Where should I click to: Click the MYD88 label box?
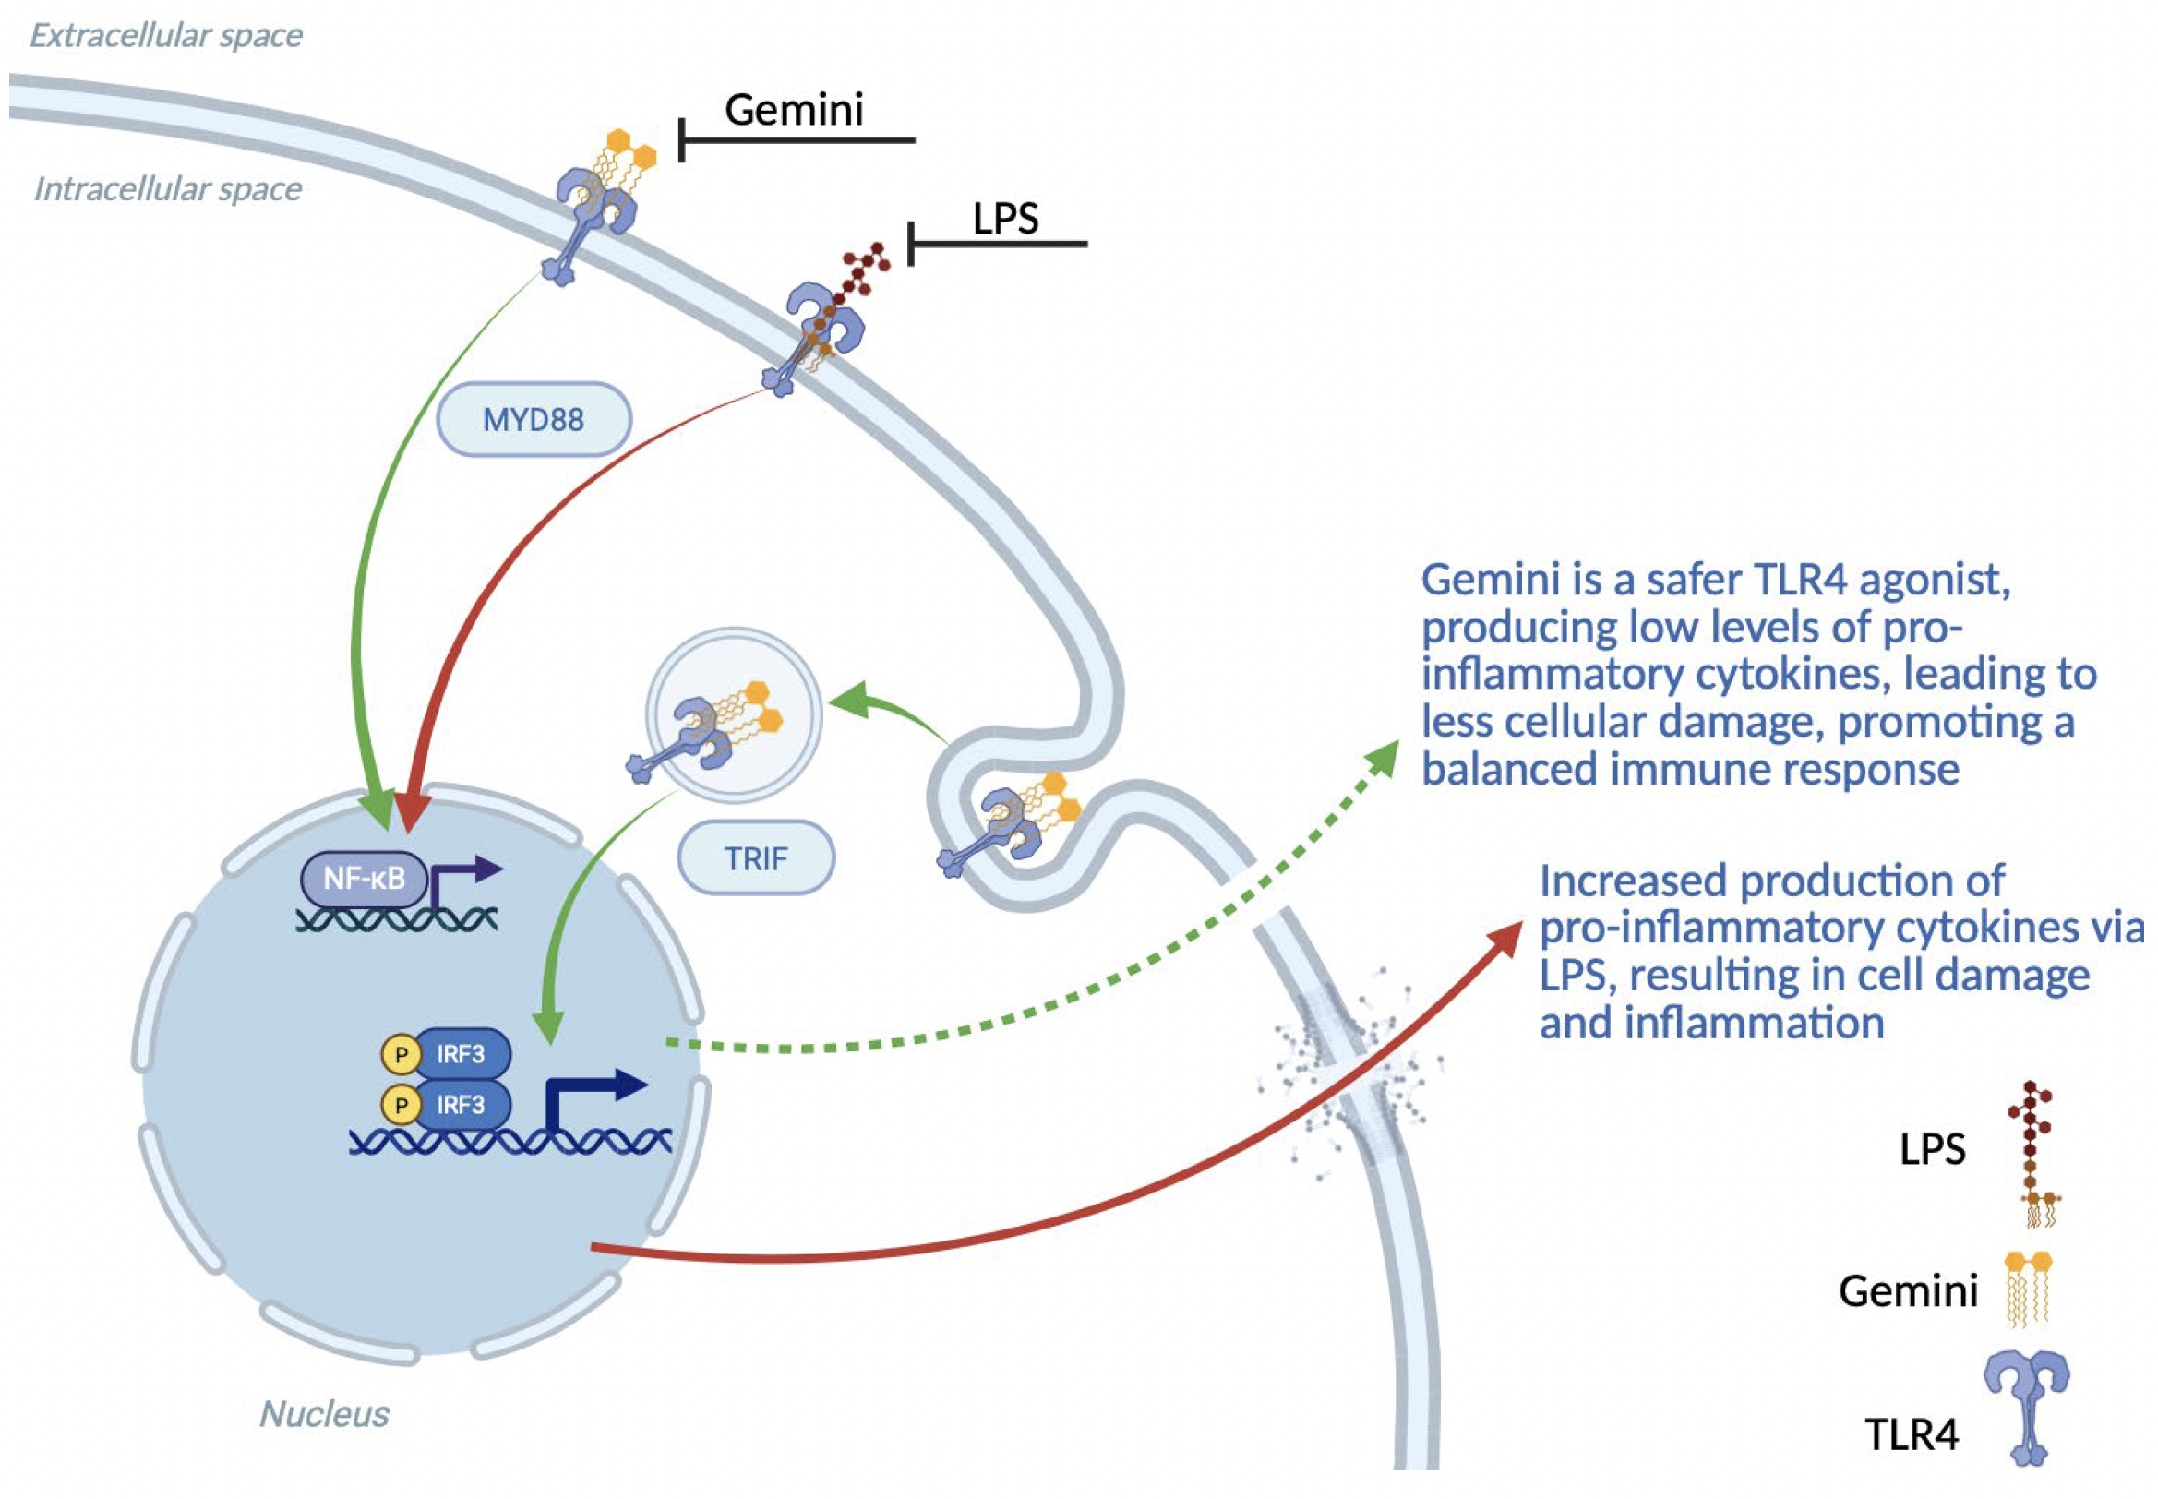point(534,419)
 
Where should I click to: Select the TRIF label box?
point(756,857)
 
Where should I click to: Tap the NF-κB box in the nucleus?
point(365,879)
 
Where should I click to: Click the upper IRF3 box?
point(462,1054)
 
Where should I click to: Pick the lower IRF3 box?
point(462,1105)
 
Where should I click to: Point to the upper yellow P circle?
point(401,1055)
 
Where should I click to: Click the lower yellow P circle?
point(401,1106)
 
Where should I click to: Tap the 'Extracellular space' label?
point(166,36)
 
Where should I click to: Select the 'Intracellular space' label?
point(168,190)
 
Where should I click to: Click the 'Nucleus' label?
point(324,1413)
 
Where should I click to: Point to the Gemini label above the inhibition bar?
point(794,110)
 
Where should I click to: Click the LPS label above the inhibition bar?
point(1006,219)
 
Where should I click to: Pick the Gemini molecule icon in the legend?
point(2029,1289)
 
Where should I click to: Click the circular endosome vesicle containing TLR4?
point(734,715)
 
